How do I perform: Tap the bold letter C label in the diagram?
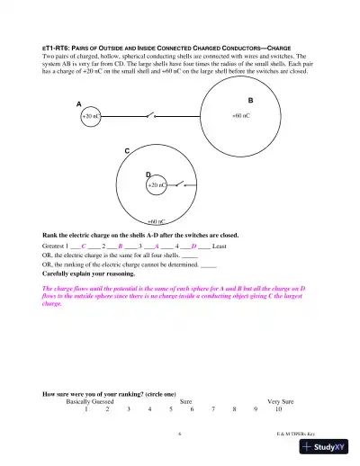click(x=127, y=151)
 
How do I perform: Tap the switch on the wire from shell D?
click(x=183, y=184)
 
